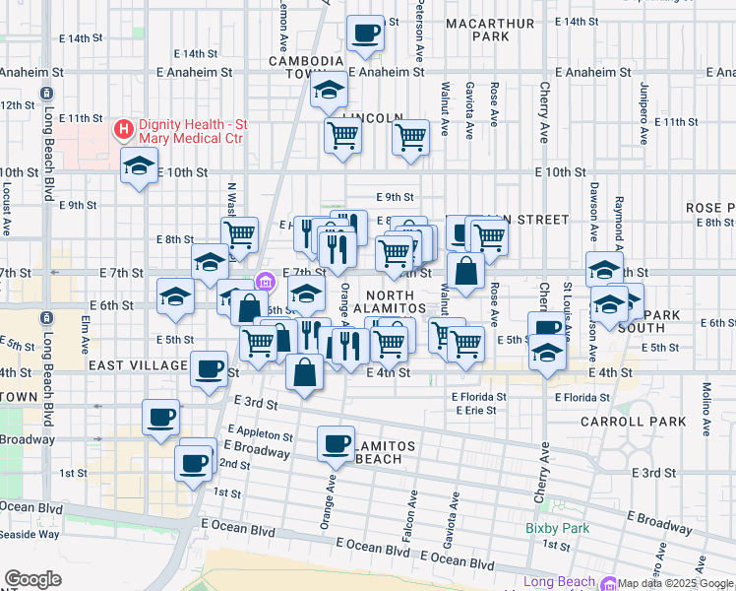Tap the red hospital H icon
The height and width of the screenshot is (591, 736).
(124, 128)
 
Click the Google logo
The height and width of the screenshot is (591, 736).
(32, 579)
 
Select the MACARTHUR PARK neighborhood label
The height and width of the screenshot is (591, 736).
(491, 30)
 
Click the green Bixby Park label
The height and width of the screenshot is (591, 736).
(557, 529)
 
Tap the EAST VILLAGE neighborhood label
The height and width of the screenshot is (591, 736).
(137, 365)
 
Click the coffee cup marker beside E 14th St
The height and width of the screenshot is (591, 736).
(365, 33)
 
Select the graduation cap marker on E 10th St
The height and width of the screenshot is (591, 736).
(139, 165)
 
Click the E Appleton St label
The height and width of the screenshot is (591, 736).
(260, 433)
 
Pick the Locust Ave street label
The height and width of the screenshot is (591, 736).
(6, 187)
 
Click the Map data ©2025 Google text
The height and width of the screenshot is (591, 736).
(675, 583)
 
